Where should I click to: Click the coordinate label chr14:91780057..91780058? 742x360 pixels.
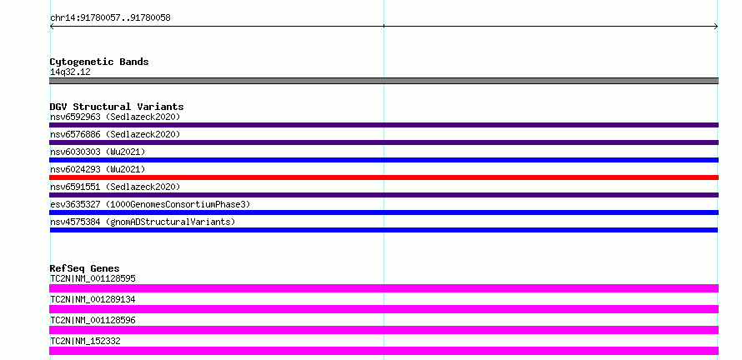[110, 18]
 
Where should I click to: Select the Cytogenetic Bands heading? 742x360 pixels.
[99, 62]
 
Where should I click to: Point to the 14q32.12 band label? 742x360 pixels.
[70, 72]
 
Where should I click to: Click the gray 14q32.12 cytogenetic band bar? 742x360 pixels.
[384, 81]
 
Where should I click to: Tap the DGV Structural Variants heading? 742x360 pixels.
[117, 107]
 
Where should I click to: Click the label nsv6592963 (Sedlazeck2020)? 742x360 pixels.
[115, 117]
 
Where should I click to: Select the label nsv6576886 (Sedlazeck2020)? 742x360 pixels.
[115, 134]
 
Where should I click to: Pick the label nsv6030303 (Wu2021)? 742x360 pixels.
[98, 152]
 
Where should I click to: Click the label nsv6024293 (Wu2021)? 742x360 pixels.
[98, 169]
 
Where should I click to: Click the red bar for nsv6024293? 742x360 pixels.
[384, 177]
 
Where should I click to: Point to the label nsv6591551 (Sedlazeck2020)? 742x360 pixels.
[115, 187]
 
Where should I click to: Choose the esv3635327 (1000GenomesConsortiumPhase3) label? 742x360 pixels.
[150, 204]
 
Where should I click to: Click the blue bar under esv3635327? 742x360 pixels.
[384, 212]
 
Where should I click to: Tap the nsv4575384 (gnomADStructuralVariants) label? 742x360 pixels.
[143, 222]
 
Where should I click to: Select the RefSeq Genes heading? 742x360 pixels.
[85, 268]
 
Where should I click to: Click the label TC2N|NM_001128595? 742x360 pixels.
[93, 278]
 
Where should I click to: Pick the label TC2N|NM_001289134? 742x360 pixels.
[93, 299]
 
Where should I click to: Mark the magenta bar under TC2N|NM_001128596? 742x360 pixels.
[384, 330]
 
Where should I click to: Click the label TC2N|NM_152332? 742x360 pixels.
[85, 341]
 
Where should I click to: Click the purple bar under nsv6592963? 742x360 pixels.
[384, 125]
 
